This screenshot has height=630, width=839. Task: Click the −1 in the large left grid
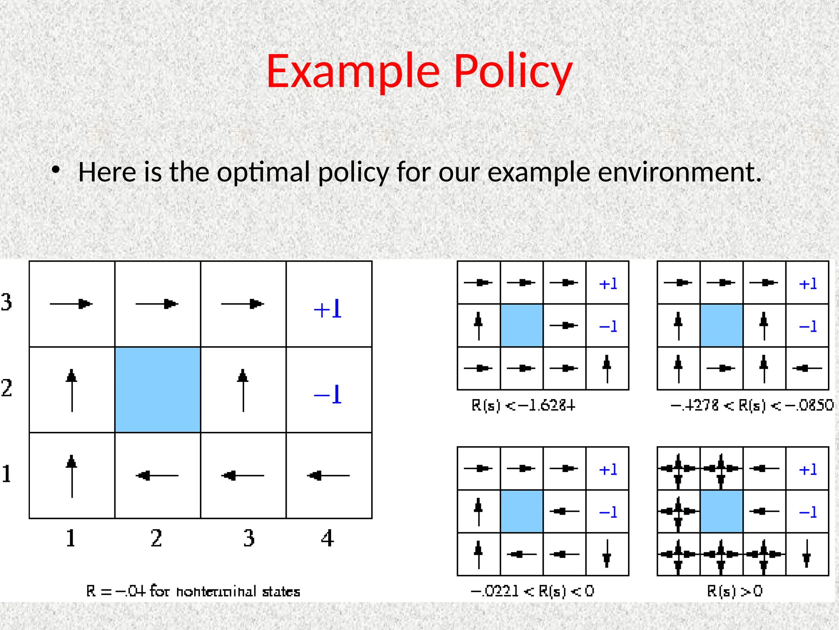(x=328, y=395)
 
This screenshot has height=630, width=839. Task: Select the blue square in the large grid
(x=158, y=390)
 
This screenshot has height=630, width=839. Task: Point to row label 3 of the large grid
(x=7, y=302)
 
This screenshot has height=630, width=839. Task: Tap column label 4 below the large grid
(x=327, y=538)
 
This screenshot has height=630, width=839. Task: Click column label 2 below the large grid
(x=156, y=538)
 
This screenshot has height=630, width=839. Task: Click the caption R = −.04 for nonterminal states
(x=193, y=591)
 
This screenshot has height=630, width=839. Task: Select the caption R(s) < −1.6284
(x=523, y=406)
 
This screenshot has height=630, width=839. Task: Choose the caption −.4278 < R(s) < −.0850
(x=751, y=406)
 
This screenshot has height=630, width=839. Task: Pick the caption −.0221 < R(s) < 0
(x=532, y=591)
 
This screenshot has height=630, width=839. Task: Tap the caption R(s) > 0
(x=735, y=591)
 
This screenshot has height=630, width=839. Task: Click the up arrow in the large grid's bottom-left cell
(x=72, y=476)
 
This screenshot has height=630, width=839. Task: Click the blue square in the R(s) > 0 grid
(x=721, y=511)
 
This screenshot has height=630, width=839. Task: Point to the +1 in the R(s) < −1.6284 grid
(x=608, y=283)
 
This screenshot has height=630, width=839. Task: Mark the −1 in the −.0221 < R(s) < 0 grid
(x=608, y=512)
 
